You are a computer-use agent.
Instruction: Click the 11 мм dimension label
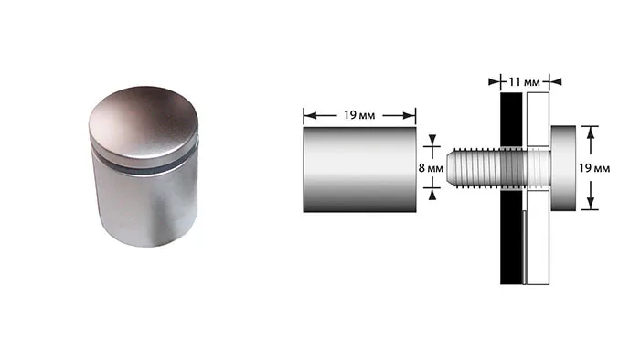pos(524,82)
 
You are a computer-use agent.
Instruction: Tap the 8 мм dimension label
pos(431,167)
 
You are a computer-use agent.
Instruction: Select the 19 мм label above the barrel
pos(359,115)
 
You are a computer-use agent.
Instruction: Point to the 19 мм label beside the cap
pos(594,168)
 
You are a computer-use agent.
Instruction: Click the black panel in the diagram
pos(511,188)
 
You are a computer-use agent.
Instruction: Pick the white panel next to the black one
pos(538,188)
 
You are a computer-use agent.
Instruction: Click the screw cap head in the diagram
pos(563,168)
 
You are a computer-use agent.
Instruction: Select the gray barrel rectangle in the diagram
pos(359,169)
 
